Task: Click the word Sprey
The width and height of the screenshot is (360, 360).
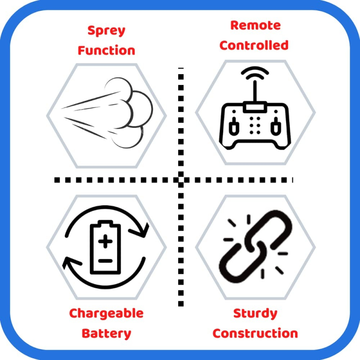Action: pyautogui.click(x=106, y=31)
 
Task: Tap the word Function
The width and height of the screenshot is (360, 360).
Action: pyautogui.click(x=106, y=50)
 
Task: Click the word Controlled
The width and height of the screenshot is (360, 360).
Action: pyautogui.click(x=254, y=45)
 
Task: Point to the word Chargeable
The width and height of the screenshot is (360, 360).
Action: pyautogui.click(x=106, y=313)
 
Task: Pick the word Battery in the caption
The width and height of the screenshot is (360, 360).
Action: pyautogui.click(x=106, y=333)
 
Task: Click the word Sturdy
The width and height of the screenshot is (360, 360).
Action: pyautogui.click(x=255, y=313)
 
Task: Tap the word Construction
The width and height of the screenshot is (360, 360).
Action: pyautogui.click(x=255, y=333)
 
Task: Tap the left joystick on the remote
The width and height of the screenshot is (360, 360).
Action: pyautogui.click(x=233, y=126)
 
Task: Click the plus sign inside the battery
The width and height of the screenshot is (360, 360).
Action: pyautogui.click(x=106, y=242)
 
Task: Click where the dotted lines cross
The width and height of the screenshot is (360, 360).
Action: pyautogui.click(x=181, y=180)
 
